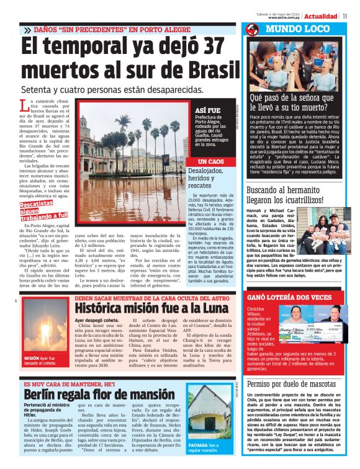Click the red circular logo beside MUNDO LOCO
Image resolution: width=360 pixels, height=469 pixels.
tap(251, 30)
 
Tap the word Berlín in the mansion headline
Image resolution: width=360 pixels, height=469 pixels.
tap(43, 395)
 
